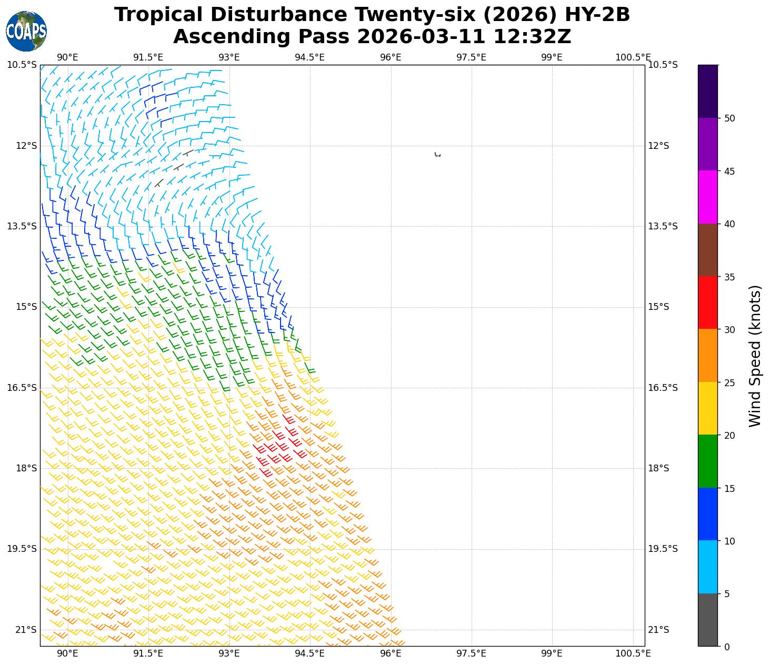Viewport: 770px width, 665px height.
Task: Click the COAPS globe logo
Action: [x=26, y=31]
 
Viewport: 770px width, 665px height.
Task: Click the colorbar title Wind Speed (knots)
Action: [x=755, y=356]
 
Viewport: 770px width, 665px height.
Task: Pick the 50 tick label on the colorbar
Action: [x=729, y=118]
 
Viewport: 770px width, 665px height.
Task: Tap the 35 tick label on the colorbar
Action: [x=729, y=277]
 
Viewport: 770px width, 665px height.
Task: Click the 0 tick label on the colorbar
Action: [x=727, y=647]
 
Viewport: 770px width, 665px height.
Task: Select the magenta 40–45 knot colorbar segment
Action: [x=707, y=197]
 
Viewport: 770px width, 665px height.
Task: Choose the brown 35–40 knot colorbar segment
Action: [x=707, y=250]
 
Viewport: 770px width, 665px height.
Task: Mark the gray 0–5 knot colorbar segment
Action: [x=707, y=620]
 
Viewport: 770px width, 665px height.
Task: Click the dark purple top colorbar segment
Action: [x=707, y=91]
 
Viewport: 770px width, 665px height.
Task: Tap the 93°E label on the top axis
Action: [x=229, y=57]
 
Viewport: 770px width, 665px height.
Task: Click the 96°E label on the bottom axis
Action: [x=391, y=653]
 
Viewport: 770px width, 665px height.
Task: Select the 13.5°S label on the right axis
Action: [x=662, y=226]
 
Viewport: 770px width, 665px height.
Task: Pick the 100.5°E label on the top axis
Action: [x=633, y=57]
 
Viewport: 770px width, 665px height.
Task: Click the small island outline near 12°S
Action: [x=437, y=154]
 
